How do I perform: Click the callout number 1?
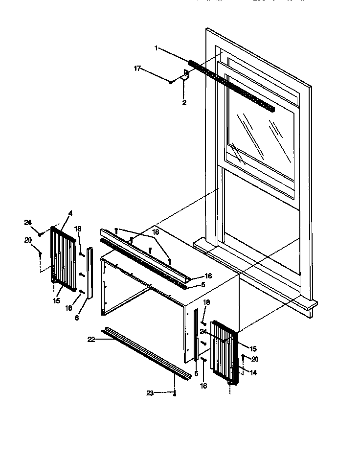[156, 48]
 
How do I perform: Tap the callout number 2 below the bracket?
[184, 103]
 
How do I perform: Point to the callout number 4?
[70, 213]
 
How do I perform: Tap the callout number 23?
[150, 392]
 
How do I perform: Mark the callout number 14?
[253, 372]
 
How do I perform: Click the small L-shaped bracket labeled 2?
[186, 75]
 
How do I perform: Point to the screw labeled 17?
[171, 82]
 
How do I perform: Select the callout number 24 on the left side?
[28, 223]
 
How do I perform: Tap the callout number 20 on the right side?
[254, 359]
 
